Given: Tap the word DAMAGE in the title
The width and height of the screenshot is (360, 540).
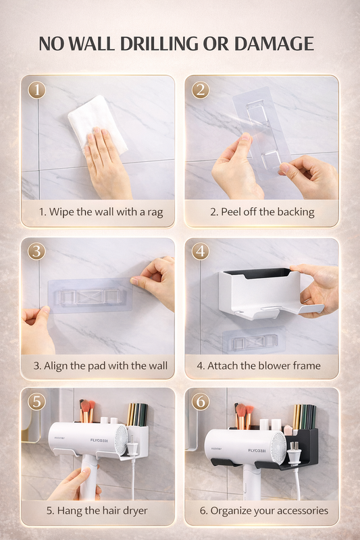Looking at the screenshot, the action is point(274,43).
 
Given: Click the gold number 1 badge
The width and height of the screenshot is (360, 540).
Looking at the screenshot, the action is point(36,90).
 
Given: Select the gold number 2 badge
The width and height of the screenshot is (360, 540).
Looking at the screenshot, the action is point(201,90).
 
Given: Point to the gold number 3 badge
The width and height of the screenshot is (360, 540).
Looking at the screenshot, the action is point(36,251).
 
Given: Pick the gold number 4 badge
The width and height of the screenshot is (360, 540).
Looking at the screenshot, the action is point(201,251).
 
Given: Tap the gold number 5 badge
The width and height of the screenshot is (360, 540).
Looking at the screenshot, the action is point(36,401).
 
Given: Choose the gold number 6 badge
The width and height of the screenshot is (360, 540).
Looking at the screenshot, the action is point(201,401).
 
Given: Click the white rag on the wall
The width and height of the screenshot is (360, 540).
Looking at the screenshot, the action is point(97,123).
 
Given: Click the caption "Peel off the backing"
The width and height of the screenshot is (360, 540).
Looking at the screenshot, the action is point(267,212).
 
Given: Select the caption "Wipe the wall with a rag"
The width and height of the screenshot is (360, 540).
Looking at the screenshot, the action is point(106,212).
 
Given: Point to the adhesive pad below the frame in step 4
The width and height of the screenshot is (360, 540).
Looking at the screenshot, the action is point(254,341).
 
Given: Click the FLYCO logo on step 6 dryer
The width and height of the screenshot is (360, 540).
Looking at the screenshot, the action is point(257,450).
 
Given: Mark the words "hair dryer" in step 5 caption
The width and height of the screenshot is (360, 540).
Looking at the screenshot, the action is point(124,510).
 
